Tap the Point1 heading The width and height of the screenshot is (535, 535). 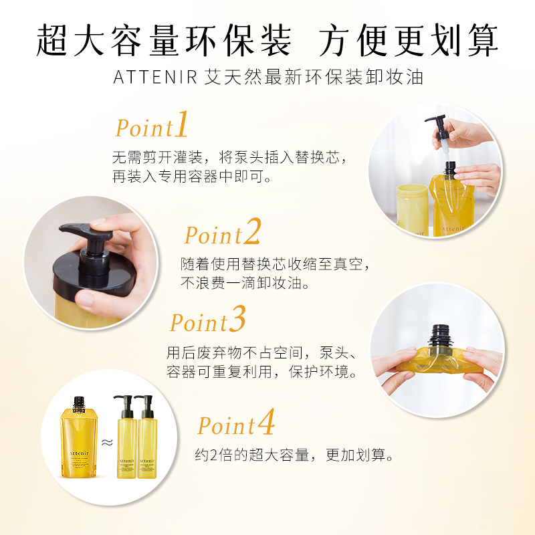pyautogui.click(x=152, y=127)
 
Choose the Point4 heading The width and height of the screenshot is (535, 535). pyautogui.click(x=236, y=425)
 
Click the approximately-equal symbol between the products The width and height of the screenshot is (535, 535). pyautogui.click(x=106, y=441)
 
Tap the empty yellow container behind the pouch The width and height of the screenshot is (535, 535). pyautogui.click(x=413, y=207)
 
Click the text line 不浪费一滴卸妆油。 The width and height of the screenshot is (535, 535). pyautogui.click(x=246, y=284)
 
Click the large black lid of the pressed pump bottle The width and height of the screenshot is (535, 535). pyautogui.click(x=94, y=274)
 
